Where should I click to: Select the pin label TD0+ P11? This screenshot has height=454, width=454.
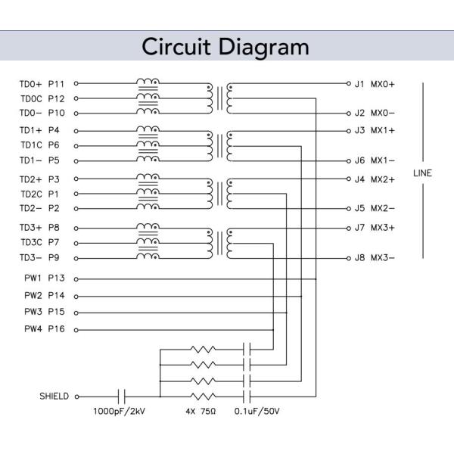42,83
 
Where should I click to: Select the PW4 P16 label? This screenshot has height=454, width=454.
45,329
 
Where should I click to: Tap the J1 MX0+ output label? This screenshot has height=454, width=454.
375,83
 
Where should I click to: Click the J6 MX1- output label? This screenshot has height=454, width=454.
375,160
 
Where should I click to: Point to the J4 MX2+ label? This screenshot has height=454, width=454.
375,179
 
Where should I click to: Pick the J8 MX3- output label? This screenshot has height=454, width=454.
375,258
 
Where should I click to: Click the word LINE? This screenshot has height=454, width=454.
422,173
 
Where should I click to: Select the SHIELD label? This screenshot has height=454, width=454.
54,396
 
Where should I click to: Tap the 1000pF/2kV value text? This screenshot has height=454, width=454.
119,413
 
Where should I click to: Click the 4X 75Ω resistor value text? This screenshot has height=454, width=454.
200,413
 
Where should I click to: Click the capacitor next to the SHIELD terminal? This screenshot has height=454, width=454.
122,396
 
